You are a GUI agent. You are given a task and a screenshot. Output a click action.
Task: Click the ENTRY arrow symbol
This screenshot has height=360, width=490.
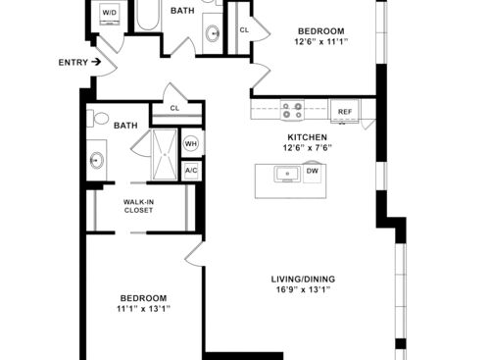click(96, 62)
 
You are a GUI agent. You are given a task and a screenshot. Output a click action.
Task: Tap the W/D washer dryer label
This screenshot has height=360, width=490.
click(109, 13)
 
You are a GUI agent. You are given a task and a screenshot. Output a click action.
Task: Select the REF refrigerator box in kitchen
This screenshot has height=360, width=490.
click(345, 112)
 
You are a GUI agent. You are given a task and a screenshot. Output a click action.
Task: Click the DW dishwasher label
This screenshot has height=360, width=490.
click(313, 171)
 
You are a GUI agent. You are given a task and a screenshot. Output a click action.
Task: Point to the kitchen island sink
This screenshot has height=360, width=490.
click(287, 174)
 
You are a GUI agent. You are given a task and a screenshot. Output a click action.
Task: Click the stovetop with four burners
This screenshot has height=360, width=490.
click(292, 110)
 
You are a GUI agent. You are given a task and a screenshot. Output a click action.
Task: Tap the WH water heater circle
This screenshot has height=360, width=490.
click(191, 143)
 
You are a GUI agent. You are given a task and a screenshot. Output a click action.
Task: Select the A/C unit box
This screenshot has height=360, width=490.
click(191, 171)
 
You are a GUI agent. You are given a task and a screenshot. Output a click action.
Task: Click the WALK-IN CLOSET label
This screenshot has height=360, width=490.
click(138, 206)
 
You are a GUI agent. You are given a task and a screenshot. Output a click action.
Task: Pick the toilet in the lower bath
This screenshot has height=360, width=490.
click(98, 119)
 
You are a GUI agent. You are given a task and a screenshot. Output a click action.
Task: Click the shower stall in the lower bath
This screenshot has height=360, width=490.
click(165, 154)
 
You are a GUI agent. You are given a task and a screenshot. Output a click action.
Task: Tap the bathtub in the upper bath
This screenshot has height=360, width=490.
click(148, 15)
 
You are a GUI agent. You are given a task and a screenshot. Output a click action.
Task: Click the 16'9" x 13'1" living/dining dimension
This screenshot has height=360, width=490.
click(304, 289)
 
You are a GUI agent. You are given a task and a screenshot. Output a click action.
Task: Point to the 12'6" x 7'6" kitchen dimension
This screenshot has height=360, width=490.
click(307, 148)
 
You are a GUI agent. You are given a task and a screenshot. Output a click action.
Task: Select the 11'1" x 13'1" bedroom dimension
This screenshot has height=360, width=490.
click(144, 309)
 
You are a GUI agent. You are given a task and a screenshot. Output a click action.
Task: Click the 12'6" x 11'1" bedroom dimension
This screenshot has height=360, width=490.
click(321, 42)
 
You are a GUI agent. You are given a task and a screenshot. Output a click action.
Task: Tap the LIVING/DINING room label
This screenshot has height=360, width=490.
click(303, 280)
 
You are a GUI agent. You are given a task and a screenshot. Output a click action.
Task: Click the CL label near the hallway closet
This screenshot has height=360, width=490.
click(174, 108)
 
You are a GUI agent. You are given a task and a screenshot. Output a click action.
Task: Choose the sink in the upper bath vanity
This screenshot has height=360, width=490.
click(213, 33)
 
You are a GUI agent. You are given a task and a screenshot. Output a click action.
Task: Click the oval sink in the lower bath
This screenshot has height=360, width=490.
click(97, 160)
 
